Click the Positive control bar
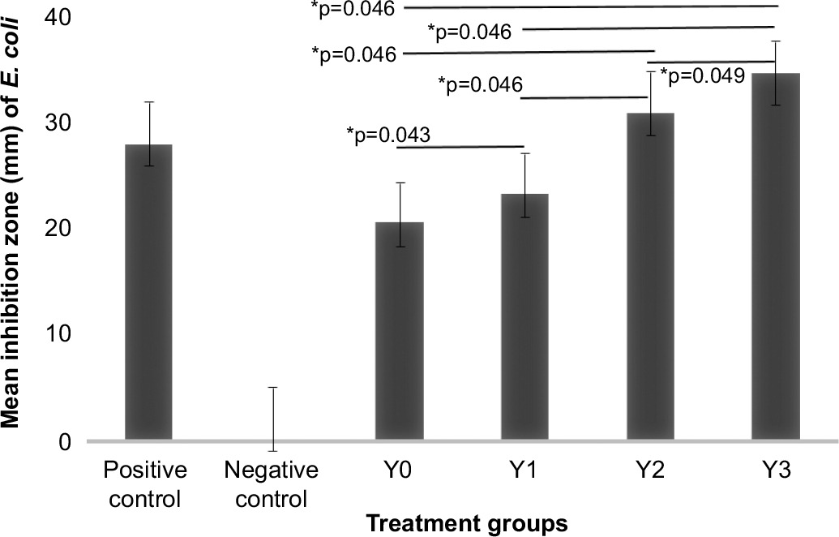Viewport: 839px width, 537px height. (148, 292)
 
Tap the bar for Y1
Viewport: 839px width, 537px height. (525, 317)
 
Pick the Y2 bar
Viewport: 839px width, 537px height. (651, 277)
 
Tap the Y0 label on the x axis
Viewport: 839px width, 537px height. (399, 471)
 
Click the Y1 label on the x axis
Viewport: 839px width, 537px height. (524, 471)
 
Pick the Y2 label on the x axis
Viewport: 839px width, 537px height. (650, 471)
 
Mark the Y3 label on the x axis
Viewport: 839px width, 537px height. (776, 471)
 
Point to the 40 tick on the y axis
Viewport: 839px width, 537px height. (56, 16)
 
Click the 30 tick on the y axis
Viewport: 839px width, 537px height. (56, 122)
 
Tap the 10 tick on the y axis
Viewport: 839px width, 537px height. (56, 335)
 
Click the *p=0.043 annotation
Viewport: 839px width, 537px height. (387, 134)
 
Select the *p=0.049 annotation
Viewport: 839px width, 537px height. (702, 75)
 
